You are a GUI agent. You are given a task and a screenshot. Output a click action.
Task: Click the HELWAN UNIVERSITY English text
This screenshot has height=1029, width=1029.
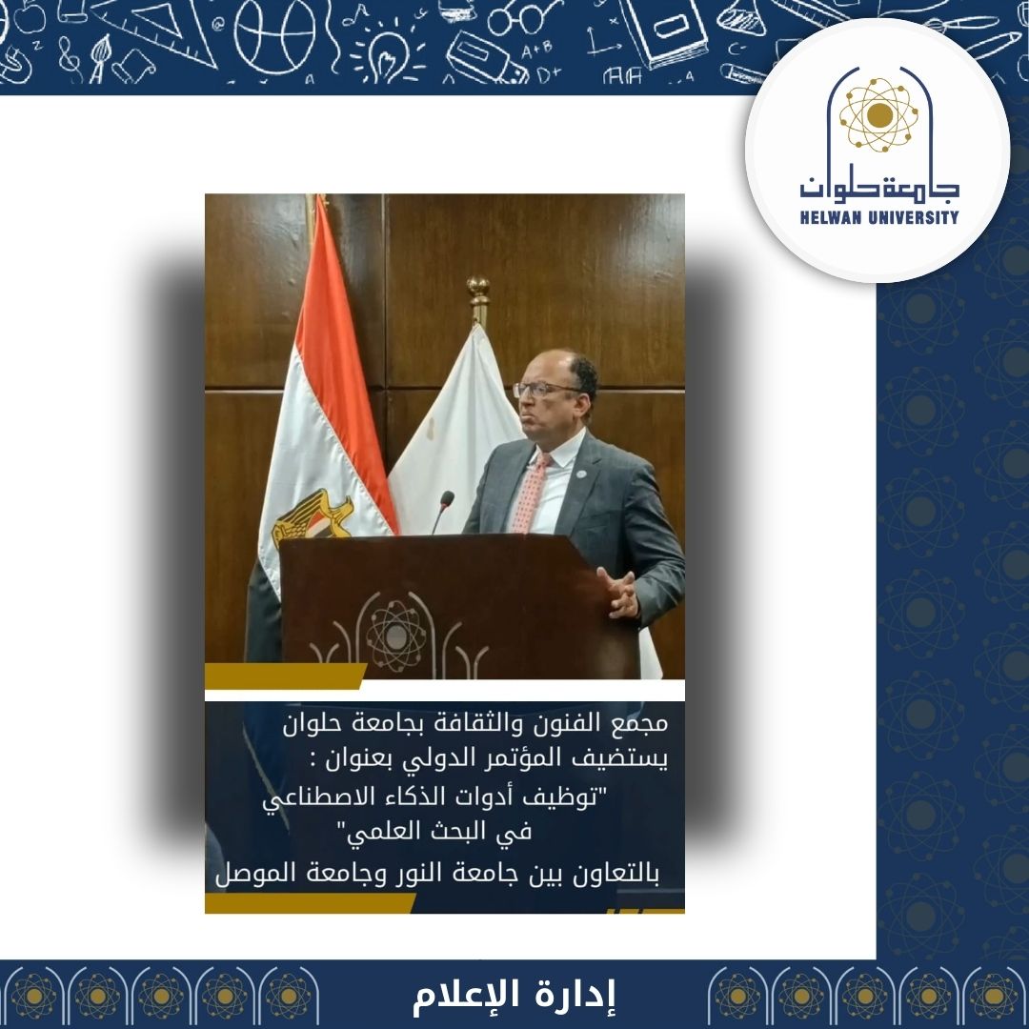[x=879, y=217]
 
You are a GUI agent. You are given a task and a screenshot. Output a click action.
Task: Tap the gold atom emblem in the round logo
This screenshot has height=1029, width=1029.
[x=879, y=115]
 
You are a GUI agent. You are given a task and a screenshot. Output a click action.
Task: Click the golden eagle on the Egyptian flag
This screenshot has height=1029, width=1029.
[x=313, y=517]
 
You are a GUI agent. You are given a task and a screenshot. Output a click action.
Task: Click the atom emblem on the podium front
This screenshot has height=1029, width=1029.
[x=395, y=636]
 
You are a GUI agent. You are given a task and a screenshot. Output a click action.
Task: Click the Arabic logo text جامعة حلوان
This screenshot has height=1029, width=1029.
[x=879, y=185]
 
